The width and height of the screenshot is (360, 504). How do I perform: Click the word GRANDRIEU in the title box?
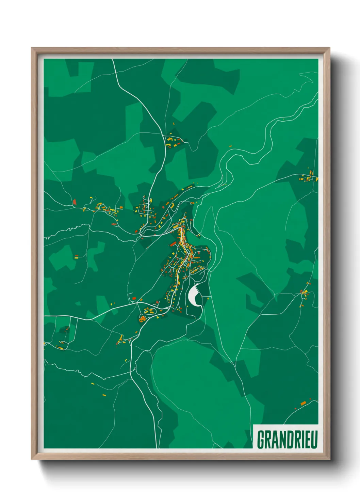pyautogui.click(x=287, y=439)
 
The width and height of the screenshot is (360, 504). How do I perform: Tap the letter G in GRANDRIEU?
pyautogui.click(x=261, y=439)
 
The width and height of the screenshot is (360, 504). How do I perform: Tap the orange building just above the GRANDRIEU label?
pyautogui.click(x=303, y=403)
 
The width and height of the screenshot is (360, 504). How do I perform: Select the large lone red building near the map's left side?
pyautogui.click(x=75, y=202)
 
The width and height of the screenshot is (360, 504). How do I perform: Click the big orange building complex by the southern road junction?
pyautogui.click(x=142, y=319)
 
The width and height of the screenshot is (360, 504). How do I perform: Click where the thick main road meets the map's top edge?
pyautogui.click(x=113, y=60)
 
